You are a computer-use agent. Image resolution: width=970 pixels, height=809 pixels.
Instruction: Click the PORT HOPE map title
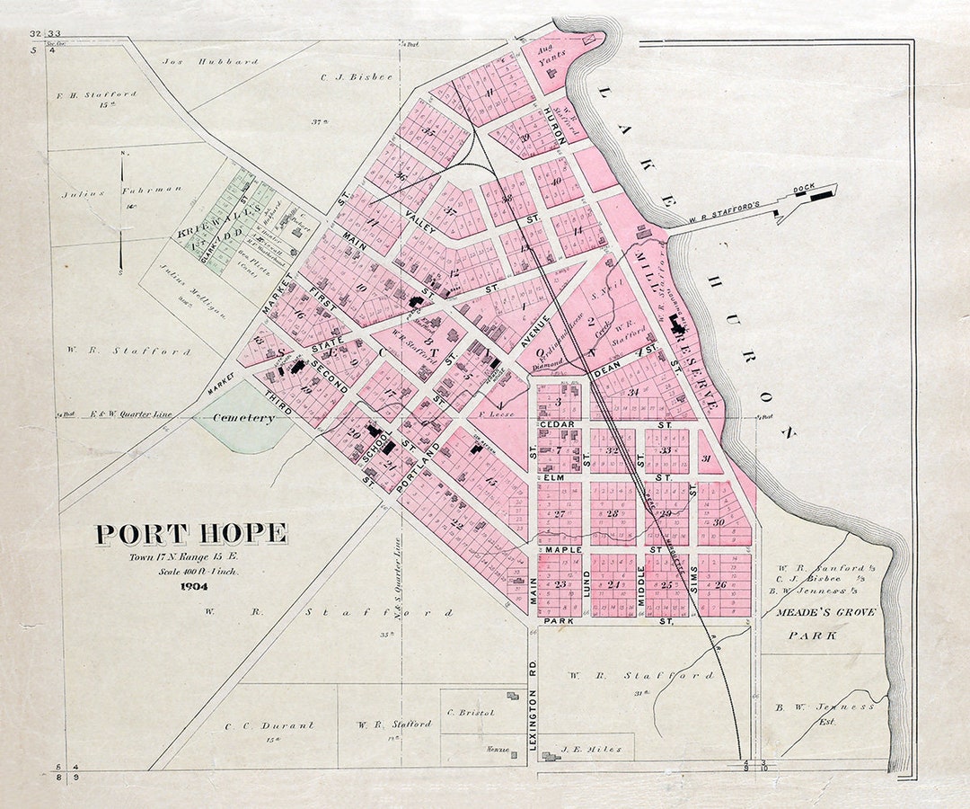tap(191, 534)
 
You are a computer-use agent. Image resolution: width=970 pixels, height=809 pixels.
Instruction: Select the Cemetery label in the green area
tap(243, 418)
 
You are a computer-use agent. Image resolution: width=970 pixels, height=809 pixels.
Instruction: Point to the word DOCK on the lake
tap(803, 191)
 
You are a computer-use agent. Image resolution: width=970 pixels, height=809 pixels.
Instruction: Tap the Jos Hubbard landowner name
tap(210, 62)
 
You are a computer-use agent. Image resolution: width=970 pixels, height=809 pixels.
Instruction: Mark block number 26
tap(720, 584)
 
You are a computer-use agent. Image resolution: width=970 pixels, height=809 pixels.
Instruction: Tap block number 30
tap(719, 522)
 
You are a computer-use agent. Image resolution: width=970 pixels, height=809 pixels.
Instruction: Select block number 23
tap(560, 584)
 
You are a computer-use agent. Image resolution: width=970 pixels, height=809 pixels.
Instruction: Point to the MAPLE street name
tap(564, 549)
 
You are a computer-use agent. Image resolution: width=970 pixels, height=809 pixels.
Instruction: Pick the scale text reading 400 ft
tap(192, 571)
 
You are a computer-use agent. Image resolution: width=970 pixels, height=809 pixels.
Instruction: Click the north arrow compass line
tap(121, 212)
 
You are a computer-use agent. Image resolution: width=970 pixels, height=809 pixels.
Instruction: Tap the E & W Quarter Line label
tap(131, 414)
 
